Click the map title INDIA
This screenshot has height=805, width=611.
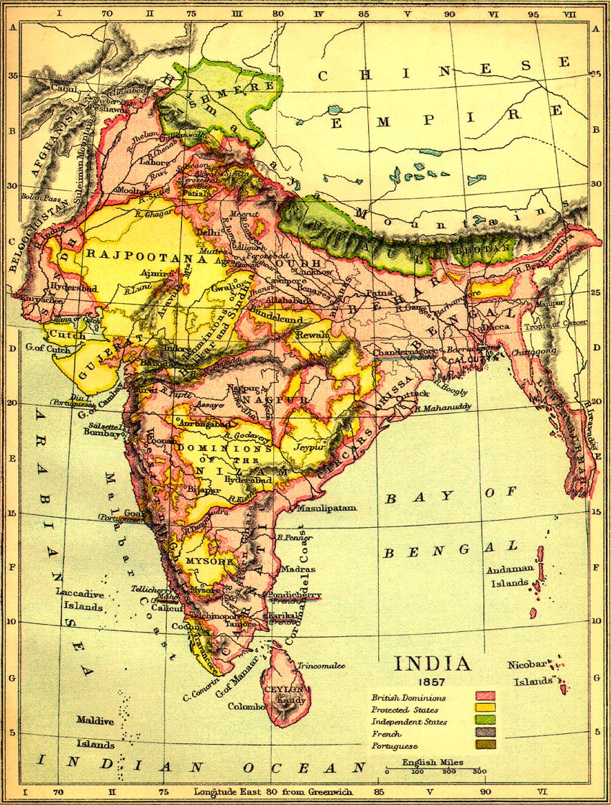[x=432, y=663]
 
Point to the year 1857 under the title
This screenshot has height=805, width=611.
[x=432, y=680]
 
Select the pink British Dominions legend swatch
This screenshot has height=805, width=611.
[x=487, y=697]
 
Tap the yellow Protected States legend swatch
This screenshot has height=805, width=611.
[x=487, y=709]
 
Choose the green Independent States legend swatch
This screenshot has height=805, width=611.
[x=487, y=721]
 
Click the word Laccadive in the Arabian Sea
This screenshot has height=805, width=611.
[x=80, y=595]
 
